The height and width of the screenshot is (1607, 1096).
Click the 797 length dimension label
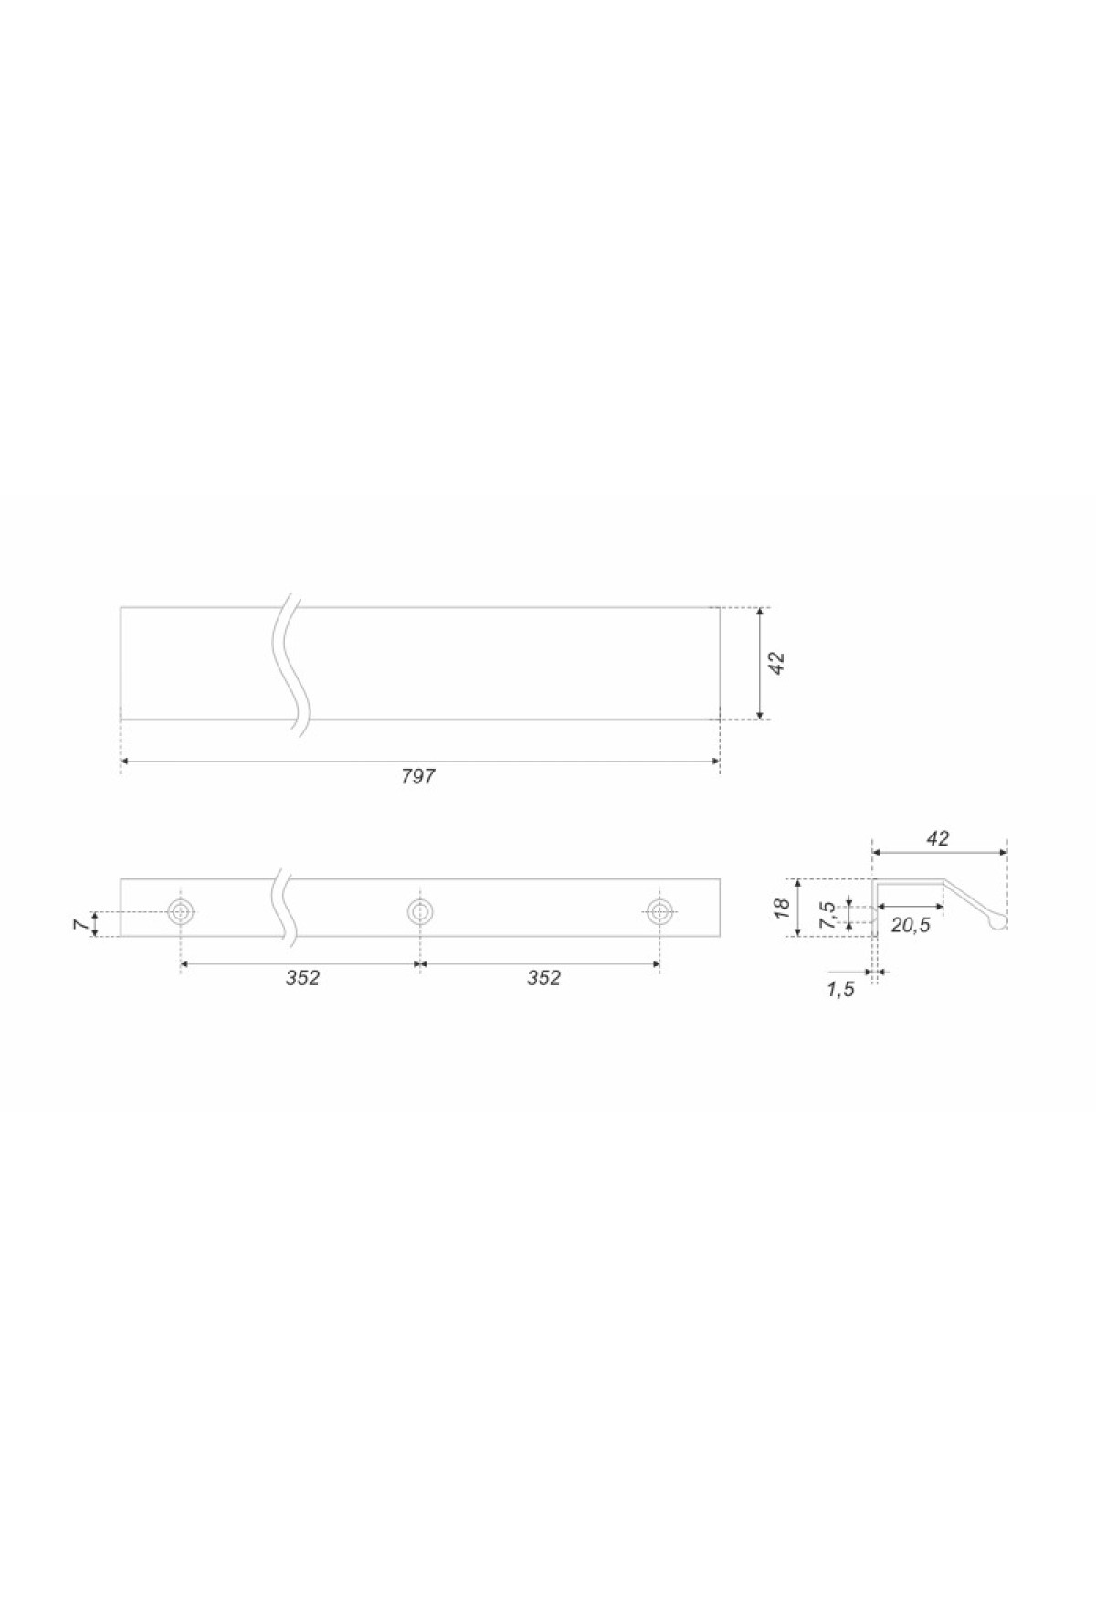pos(418,776)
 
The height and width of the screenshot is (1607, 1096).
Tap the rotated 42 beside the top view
pos(777,663)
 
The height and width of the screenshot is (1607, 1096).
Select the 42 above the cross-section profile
pos(938,838)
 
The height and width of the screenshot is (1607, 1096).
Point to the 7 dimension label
pos(80,924)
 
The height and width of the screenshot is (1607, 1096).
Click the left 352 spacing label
pos(302,978)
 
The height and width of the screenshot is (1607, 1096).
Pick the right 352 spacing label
pos(543,978)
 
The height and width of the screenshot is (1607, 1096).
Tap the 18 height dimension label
pos(781,908)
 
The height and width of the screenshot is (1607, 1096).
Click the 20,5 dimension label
pos(910,925)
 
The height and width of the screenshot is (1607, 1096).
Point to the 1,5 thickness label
pos(840,990)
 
